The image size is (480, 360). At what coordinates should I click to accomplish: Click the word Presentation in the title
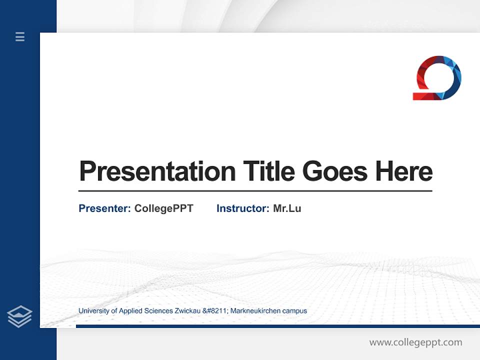click(x=157, y=171)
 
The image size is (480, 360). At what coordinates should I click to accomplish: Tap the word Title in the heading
click(x=269, y=171)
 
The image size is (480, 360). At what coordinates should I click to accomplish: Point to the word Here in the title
click(x=404, y=171)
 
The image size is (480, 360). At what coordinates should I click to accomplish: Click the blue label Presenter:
click(x=104, y=208)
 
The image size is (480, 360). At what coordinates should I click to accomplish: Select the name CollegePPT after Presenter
click(x=163, y=208)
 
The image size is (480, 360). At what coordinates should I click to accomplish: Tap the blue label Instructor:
click(x=242, y=208)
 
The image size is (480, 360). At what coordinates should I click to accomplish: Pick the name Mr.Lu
click(x=287, y=208)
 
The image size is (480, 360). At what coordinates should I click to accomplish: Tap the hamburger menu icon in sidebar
click(x=20, y=36)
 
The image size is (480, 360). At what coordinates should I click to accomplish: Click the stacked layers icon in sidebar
click(x=19, y=316)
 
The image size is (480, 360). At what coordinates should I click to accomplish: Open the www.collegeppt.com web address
click(x=415, y=342)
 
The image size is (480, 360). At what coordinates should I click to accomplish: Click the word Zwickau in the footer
click(x=187, y=311)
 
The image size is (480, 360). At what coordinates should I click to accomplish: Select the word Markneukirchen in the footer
click(x=255, y=311)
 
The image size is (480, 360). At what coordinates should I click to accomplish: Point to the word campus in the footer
click(x=294, y=311)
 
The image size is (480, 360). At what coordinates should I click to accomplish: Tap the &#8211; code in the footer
click(x=215, y=311)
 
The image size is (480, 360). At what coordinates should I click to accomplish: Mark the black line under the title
click(x=255, y=191)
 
